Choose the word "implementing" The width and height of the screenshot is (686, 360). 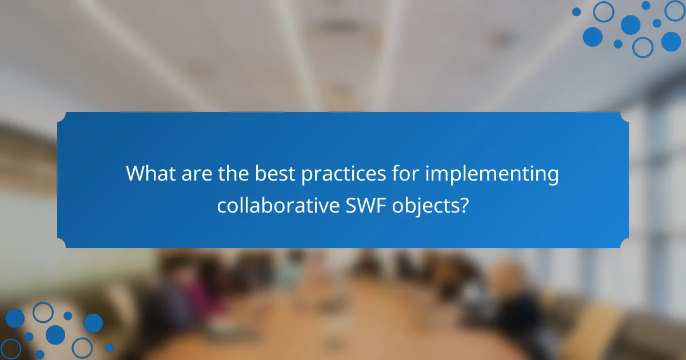492,174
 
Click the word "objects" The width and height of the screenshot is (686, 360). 425,206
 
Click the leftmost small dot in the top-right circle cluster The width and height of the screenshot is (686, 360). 576,11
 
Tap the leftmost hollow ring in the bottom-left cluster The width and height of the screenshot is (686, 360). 11,348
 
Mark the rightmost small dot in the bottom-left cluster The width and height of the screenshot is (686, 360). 109,347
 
